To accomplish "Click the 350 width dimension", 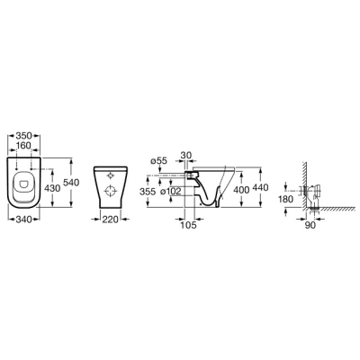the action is tap(23, 136).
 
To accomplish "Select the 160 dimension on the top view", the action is tap(23, 146).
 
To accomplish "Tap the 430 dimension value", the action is tap(52, 188).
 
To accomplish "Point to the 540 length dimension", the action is tap(71, 182).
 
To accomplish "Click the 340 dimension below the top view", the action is tap(23, 220).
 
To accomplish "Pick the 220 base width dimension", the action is tap(110, 220).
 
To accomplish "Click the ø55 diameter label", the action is tap(158, 161).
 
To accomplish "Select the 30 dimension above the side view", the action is tap(187, 155).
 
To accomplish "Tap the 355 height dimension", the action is tap(148, 192).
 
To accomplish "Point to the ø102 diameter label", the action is tap(170, 192).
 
